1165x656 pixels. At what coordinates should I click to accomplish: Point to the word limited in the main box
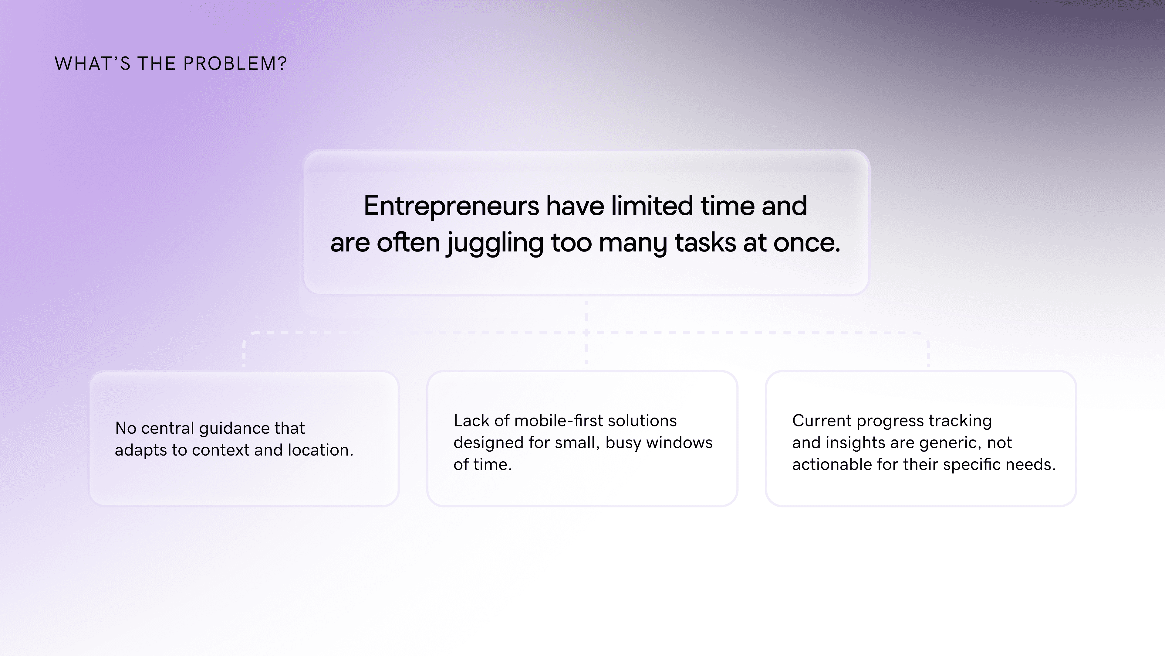(652, 206)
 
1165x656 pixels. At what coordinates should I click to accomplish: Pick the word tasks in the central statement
(705, 243)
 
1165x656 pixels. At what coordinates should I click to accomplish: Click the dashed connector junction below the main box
(586, 333)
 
